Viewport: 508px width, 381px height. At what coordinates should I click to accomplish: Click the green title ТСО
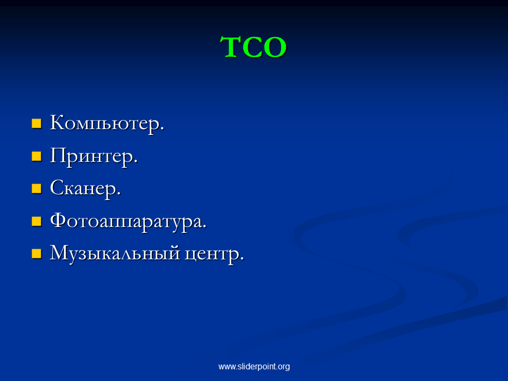(253, 47)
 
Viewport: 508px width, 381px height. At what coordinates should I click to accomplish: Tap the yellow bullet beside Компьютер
(37, 123)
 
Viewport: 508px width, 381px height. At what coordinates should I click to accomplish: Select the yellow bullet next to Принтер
(37, 156)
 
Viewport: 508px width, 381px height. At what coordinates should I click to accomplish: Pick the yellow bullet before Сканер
(37, 188)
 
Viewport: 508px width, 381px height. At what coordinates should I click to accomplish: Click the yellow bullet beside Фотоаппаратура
(37, 221)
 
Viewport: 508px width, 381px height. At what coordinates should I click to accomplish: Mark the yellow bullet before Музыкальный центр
(37, 253)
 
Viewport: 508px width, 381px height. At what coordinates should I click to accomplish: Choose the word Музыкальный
(115, 253)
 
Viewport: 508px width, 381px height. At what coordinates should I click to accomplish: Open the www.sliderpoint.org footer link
(254, 366)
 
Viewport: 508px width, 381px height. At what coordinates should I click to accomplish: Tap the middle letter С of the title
(253, 47)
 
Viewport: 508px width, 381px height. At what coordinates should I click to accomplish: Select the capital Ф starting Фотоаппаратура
(58, 221)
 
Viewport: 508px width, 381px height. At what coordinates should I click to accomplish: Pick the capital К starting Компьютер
(58, 122)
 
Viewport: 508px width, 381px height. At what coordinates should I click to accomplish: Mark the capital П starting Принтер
(59, 155)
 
